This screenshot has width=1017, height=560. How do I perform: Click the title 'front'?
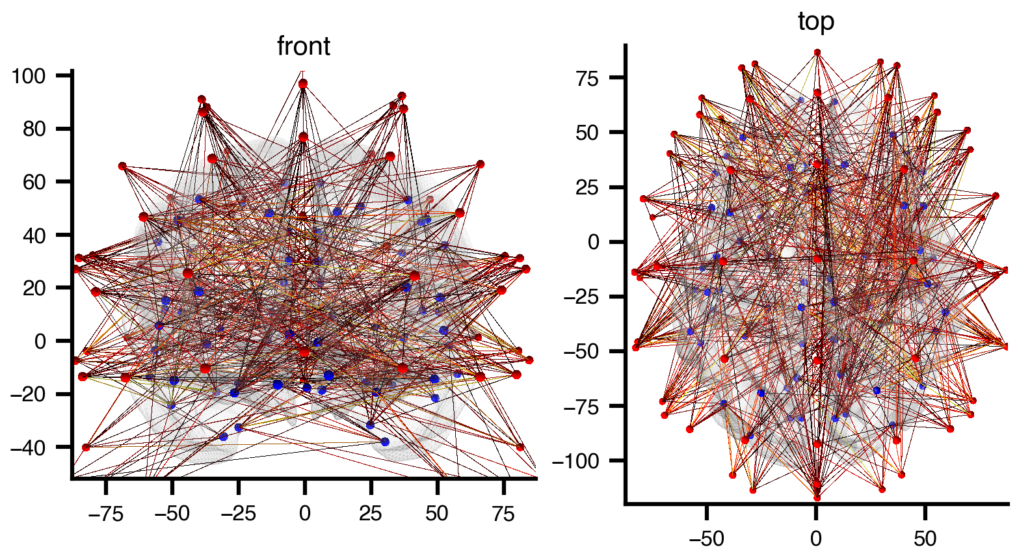tap(304, 47)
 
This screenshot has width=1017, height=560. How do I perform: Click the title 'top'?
tap(816, 21)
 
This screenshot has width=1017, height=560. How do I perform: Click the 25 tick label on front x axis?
tap(371, 513)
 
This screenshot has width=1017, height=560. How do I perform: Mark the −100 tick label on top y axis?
tap(583, 461)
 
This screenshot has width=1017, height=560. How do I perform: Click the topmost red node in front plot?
tap(303, 84)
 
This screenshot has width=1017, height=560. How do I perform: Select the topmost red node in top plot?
tap(817, 53)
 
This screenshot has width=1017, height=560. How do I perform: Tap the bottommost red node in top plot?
tap(817, 498)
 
